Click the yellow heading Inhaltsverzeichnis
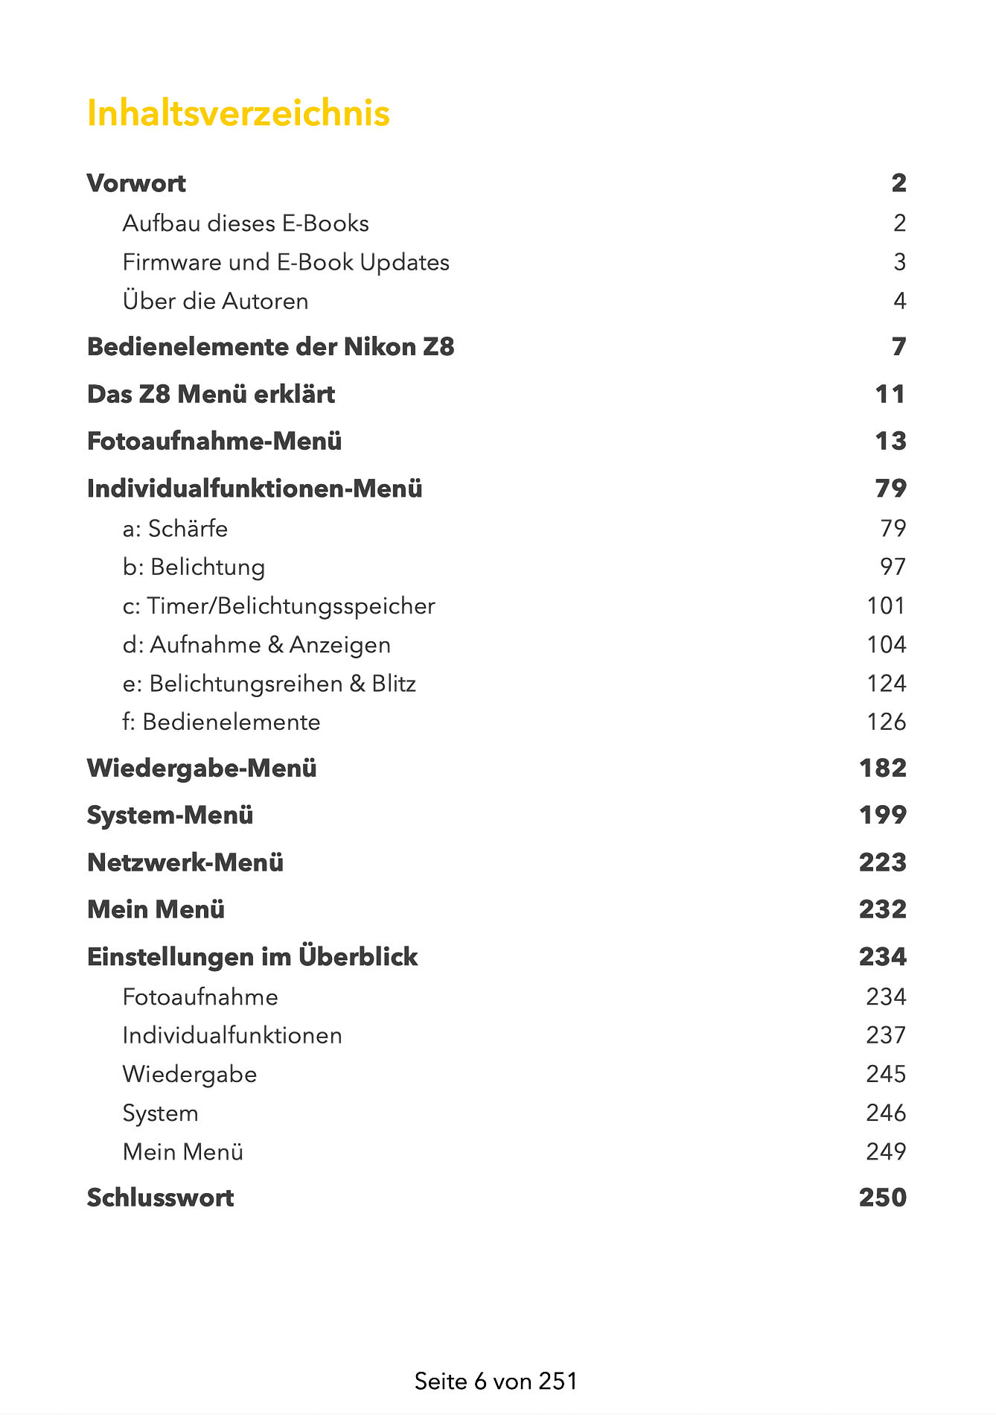coord(238,113)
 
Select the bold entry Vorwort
coord(136,183)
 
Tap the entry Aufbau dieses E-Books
coord(246,223)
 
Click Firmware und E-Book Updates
coord(286,262)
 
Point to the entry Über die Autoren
coord(215,301)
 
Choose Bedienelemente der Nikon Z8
coord(270,347)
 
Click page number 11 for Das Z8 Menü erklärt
coord(890,394)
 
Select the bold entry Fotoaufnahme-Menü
coord(214,441)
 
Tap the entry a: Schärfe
coord(175,528)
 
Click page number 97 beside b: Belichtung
coord(893,567)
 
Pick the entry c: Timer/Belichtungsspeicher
coord(278,605)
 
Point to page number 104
coord(886,644)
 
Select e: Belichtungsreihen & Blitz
coord(269,683)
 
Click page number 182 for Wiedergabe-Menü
coord(883,768)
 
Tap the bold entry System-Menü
coord(170,815)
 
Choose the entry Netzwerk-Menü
coord(185,862)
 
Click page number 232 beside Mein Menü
coord(883,909)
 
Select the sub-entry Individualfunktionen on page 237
coord(232,1035)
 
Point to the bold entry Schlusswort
coord(160,1198)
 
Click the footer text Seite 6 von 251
coord(496,1381)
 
